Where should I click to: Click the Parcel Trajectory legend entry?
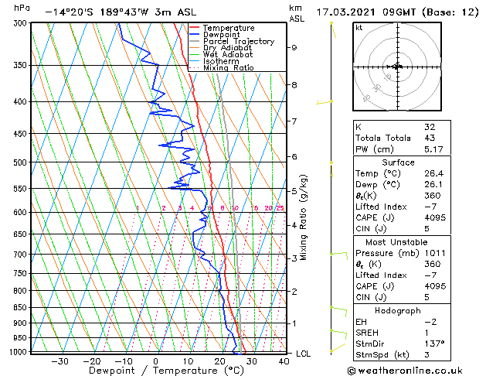[238, 41]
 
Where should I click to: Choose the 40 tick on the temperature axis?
[285, 361]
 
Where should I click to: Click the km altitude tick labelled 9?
[294, 47]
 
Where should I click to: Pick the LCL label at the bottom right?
[304, 354]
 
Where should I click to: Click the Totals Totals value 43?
[430, 137]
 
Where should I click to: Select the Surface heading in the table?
[398, 162]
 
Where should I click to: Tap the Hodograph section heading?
[398, 310]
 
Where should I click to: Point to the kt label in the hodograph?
[359, 27]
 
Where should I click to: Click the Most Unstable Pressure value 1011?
[435, 252]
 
